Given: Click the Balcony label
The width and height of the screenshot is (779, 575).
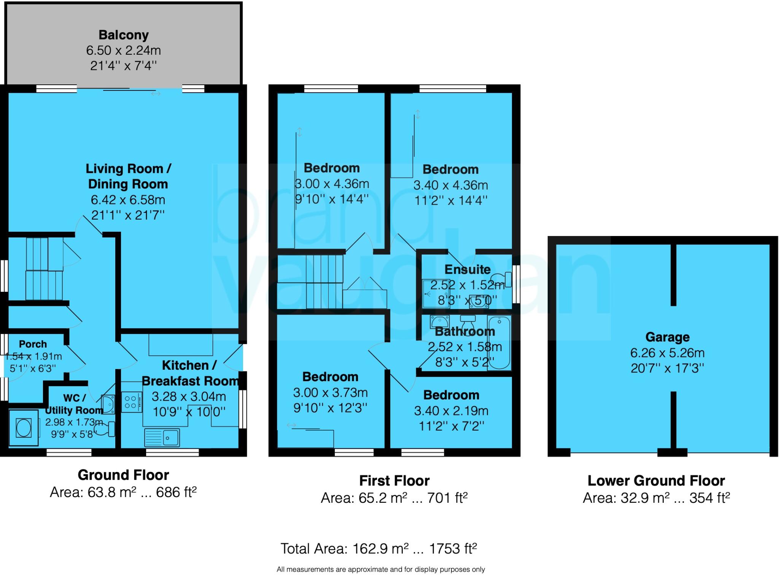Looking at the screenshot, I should click(123, 35).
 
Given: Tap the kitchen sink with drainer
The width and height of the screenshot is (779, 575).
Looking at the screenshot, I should click(162, 438).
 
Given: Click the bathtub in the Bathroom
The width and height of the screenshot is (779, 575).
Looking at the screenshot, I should click(499, 343).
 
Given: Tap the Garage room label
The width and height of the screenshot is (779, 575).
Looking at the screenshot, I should click(667, 337).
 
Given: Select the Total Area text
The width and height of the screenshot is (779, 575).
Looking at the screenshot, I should click(378, 548).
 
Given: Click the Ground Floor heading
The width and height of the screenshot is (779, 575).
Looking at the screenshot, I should click(123, 475).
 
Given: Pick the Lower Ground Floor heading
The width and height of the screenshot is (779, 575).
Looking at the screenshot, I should click(656, 481).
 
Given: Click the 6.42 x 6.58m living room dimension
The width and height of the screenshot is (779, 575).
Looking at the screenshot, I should click(128, 200).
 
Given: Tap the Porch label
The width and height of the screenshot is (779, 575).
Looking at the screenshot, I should click(33, 344).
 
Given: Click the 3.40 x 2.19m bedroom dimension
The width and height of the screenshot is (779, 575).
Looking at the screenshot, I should click(451, 411).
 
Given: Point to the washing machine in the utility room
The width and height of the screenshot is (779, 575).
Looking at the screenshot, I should click(24, 428).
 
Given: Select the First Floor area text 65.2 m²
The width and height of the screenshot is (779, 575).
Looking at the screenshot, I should click(394, 498).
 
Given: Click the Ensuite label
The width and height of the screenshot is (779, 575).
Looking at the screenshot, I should click(467, 269).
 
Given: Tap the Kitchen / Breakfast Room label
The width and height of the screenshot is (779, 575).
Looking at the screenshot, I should click(189, 373).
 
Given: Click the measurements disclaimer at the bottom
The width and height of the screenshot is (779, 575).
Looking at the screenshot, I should click(380, 569).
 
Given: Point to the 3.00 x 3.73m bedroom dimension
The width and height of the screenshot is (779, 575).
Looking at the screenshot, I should click(330, 393).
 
